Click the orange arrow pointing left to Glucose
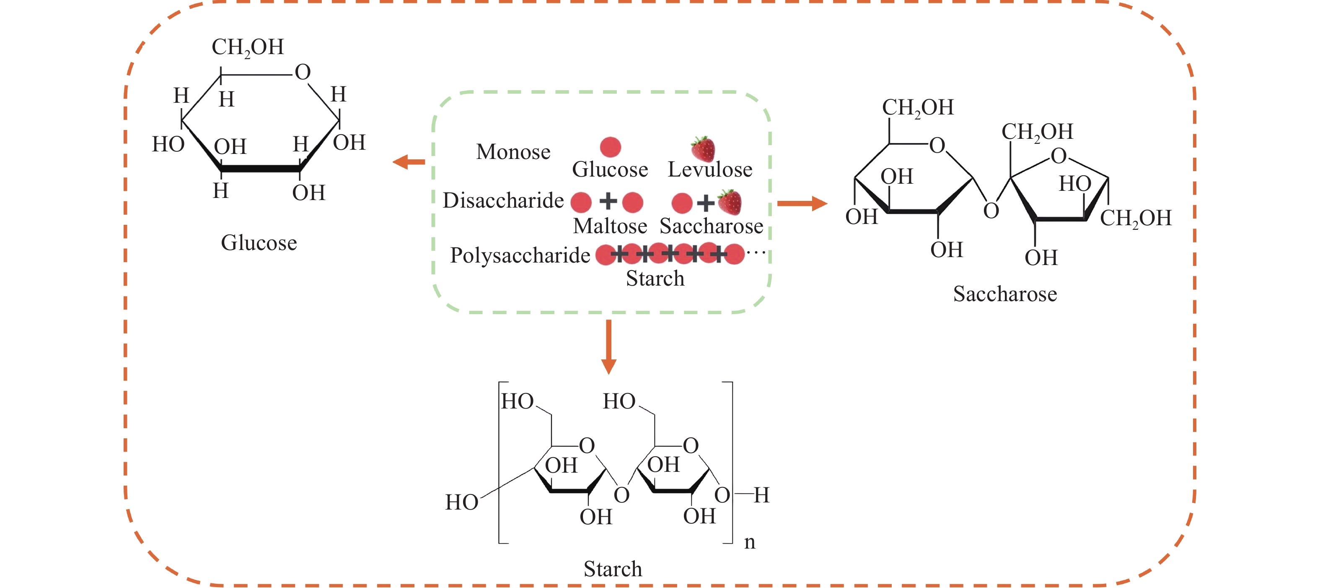[x=409, y=162]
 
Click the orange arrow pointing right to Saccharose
[x=802, y=203]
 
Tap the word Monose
[x=513, y=152]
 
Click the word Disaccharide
[x=503, y=200]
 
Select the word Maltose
[x=610, y=226]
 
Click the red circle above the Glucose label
[x=610, y=147]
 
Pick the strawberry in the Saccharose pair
[x=730, y=202]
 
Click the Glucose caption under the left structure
[x=259, y=243]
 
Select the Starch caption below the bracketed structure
[x=612, y=569]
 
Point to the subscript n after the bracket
[x=750, y=542]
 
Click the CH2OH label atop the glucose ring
[x=248, y=47]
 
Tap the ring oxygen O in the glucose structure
[x=302, y=72]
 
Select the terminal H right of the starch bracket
[x=761, y=495]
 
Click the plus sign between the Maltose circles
[x=608, y=201]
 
